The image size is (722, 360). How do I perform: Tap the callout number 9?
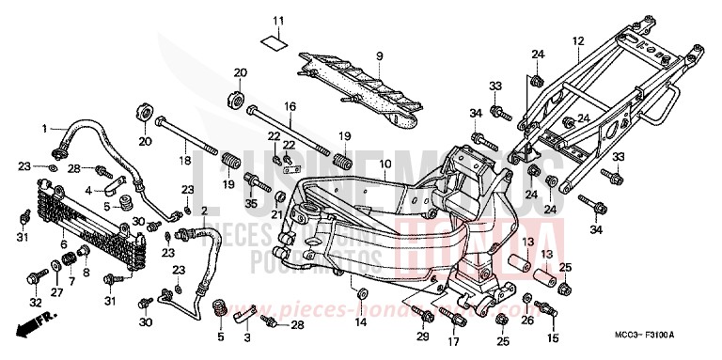click(x=380, y=57)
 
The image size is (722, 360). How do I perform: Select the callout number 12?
click(x=578, y=40)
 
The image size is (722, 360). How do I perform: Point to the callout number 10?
click(x=385, y=164)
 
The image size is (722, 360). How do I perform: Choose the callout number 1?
click(x=43, y=128)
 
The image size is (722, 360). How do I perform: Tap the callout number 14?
click(x=361, y=322)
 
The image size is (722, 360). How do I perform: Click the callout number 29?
click(x=423, y=336)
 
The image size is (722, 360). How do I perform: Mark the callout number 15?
click(x=553, y=337)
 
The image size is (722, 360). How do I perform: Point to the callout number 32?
click(x=35, y=303)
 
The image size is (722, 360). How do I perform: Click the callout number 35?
click(x=251, y=203)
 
